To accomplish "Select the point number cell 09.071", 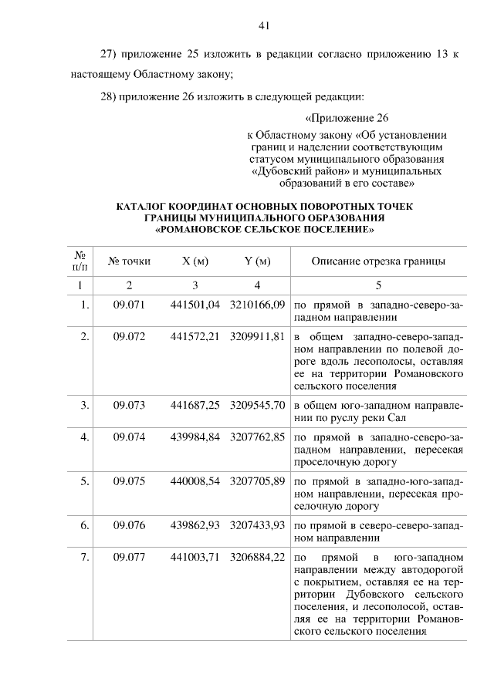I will [x=129, y=305].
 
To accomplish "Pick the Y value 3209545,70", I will [x=258, y=403].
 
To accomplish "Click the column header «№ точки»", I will [x=129, y=261].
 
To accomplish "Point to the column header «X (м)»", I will [x=195, y=261].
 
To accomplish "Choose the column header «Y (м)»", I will [x=257, y=261].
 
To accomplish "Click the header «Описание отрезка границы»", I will [x=378, y=261].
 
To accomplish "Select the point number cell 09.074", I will [x=129, y=437].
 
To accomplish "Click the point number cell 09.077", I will [x=129, y=556].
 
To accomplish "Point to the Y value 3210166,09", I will [x=258, y=305].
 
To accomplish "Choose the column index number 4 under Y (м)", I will [x=257, y=285].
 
